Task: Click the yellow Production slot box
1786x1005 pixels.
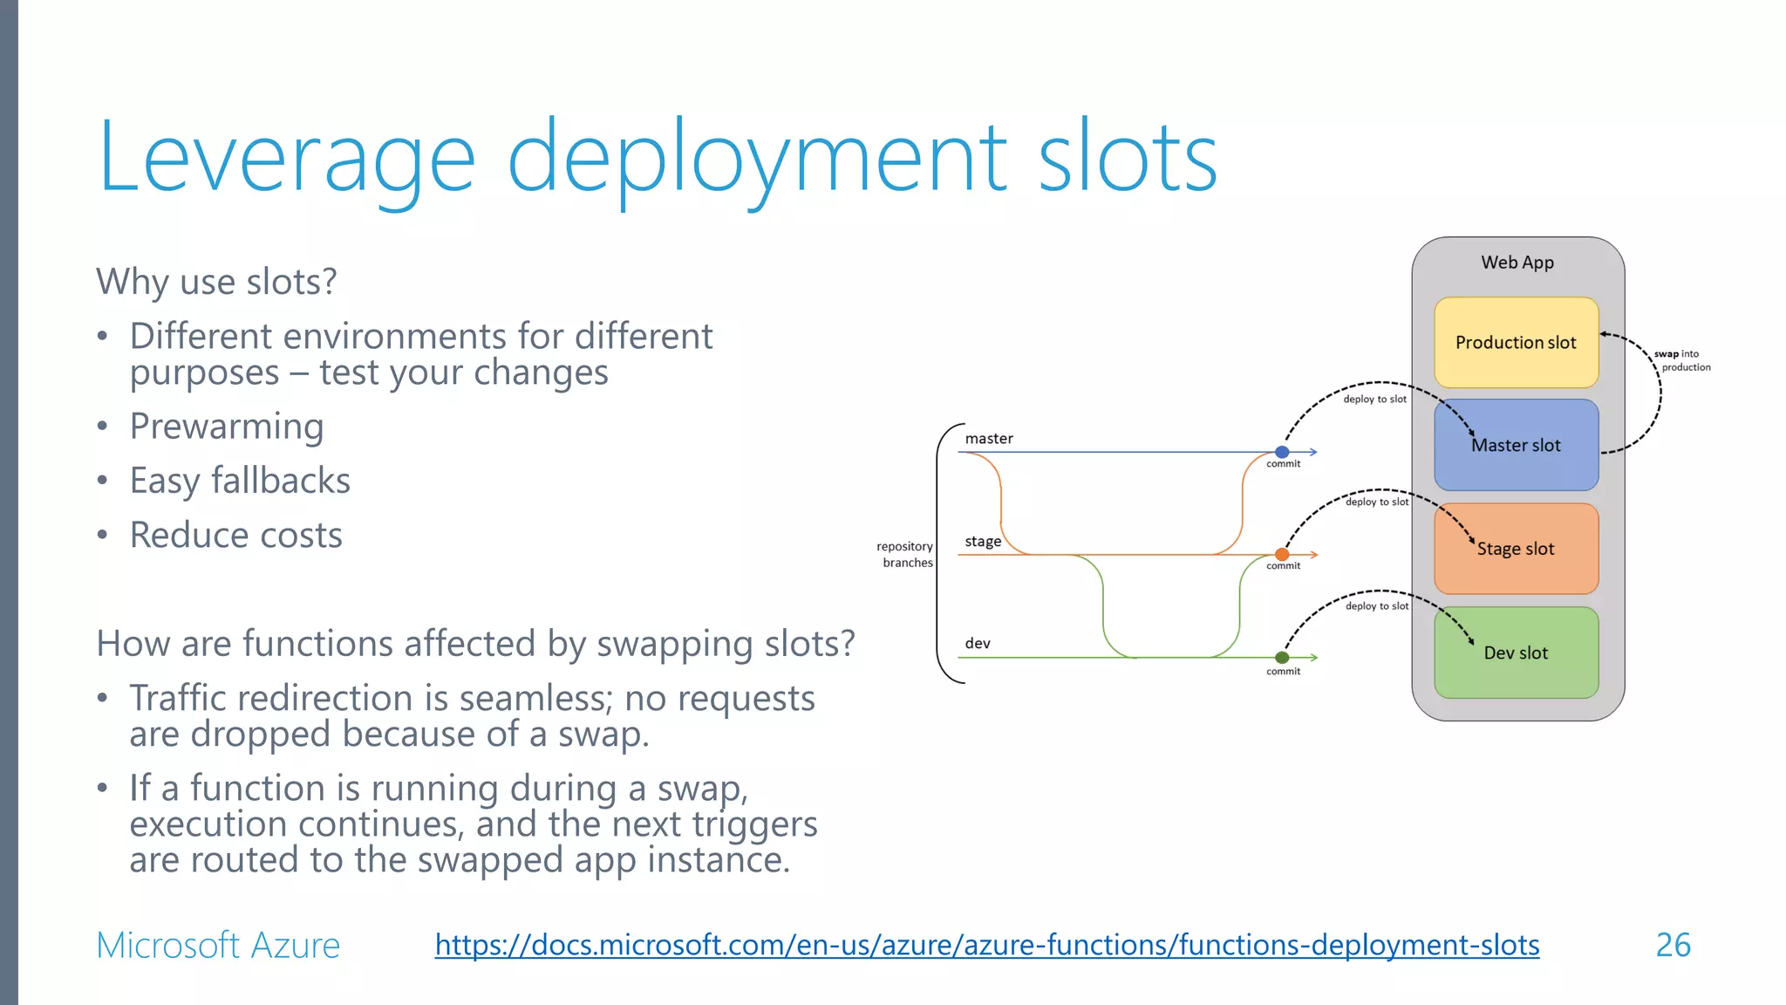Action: (x=1516, y=342)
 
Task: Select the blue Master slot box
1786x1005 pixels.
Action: (x=1516, y=445)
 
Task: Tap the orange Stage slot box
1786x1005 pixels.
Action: (x=1516, y=549)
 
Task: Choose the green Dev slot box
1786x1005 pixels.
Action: (x=1516, y=653)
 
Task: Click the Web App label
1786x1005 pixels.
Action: (x=1517, y=263)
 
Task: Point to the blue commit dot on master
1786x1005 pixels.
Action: (x=1282, y=452)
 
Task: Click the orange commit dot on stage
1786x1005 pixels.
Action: (x=1282, y=555)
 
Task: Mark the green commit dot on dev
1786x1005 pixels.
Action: (x=1282, y=658)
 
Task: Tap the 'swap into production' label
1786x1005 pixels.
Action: (x=1682, y=360)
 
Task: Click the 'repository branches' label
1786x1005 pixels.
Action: (x=906, y=554)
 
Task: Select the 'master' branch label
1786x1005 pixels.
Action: (x=989, y=439)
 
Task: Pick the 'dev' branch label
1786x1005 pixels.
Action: (x=978, y=644)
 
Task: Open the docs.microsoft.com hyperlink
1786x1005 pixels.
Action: (x=986, y=945)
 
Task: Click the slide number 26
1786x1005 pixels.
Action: (x=1673, y=946)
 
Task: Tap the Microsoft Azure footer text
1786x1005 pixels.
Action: (x=218, y=946)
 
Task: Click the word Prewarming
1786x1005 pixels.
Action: (x=227, y=427)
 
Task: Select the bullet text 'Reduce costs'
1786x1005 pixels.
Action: (x=235, y=535)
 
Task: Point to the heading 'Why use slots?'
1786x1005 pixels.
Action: (x=216, y=282)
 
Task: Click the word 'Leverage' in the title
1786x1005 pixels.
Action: (x=286, y=157)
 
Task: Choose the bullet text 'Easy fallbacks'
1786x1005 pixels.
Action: (x=240, y=481)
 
